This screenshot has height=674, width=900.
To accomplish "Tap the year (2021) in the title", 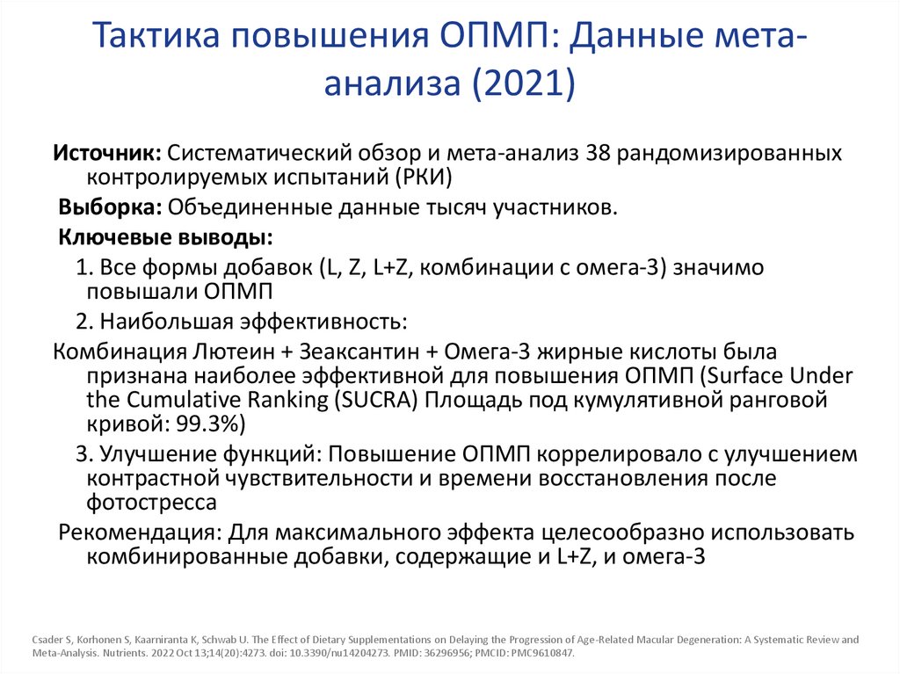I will tap(525, 83).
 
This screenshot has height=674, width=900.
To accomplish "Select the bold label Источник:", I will tap(105, 152).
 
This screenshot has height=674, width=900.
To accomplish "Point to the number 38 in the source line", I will tap(598, 152).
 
